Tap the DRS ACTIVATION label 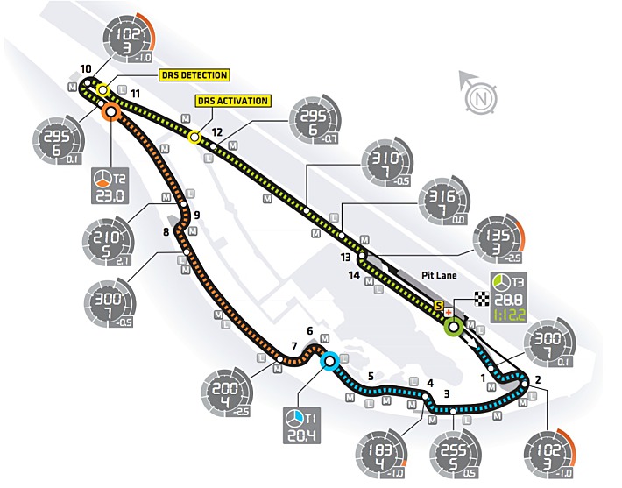(233, 101)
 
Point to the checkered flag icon (479, 298)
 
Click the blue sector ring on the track (329, 361)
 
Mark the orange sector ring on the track (110, 111)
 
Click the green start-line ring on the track (453, 329)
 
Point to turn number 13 (346, 257)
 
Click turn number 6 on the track (309, 331)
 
